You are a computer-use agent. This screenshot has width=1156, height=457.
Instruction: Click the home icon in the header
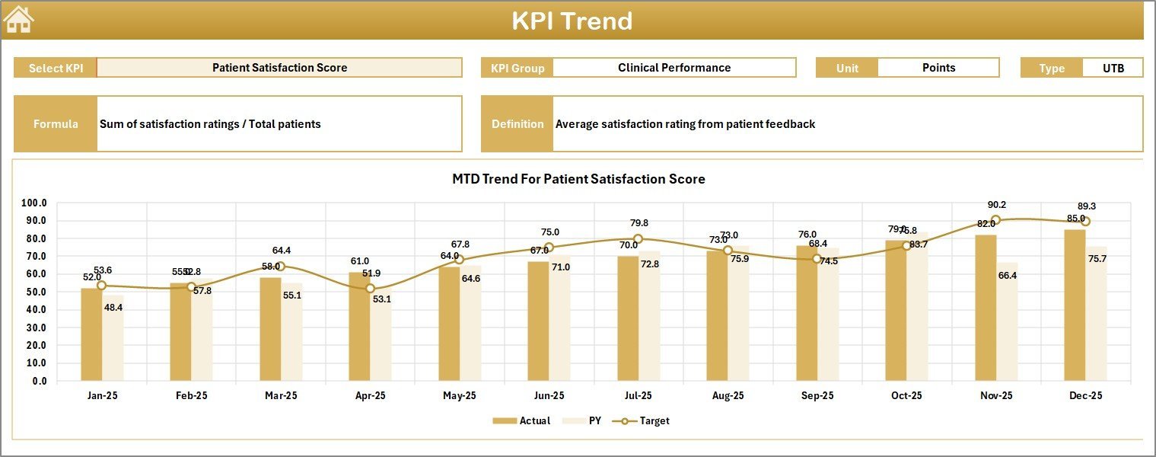pyautogui.click(x=19, y=20)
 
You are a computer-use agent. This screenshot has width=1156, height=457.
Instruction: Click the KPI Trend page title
pyautogui.click(x=572, y=21)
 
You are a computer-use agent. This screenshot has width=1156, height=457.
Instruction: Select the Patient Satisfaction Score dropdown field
pyautogui.click(x=279, y=68)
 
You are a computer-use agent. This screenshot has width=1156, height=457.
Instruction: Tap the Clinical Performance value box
pyautogui.click(x=674, y=68)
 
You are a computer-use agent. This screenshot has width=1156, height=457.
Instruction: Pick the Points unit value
pyautogui.click(x=938, y=68)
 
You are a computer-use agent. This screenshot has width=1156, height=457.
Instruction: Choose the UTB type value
pyautogui.click(x=1113, y=68)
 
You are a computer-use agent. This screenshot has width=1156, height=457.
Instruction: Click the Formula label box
pyautogui.click(x=56, y=124)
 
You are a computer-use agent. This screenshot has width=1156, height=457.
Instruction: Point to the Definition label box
pyautogui.click(x=517, y=124)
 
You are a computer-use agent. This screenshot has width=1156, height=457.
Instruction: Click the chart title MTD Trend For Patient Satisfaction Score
pyautogui.click(x=578, y=180)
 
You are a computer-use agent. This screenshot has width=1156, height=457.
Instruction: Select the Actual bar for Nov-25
pyautogui.click(x=985, y=308)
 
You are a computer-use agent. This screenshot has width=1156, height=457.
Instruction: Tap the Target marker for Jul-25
pyautogui.click(x=638, y=239)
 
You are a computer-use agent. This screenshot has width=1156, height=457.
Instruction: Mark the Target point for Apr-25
pyautogui.click(x=370, y=289)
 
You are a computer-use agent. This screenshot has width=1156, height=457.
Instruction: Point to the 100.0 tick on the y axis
pyautogui.click(x=34, y=203)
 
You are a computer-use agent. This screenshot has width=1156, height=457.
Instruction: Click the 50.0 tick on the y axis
pyautogui.click(x=34, y=292)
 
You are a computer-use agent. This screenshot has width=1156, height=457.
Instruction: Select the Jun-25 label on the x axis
pyautogui.click(x=548, y=396)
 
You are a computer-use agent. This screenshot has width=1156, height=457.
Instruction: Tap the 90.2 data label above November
pyautogui.click(x=995, y=205)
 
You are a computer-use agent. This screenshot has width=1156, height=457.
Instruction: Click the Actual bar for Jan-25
pyautogui.click(x=91, y=334)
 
